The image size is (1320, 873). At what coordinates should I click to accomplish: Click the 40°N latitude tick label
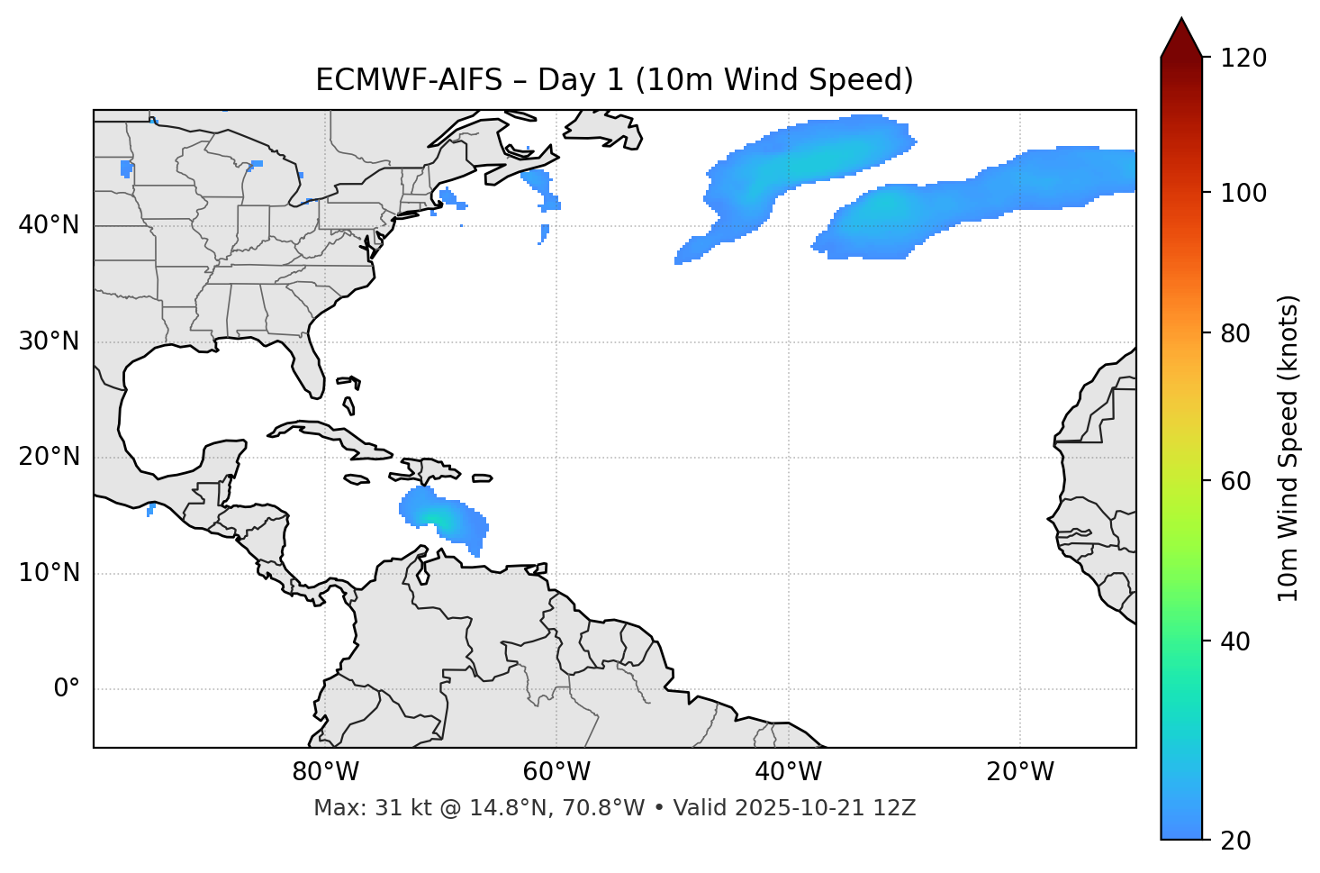49,225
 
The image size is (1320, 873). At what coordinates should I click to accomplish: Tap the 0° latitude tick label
66,689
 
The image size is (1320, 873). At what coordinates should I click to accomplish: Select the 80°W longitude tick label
325,772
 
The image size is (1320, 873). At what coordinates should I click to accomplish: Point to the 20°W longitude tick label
1020,772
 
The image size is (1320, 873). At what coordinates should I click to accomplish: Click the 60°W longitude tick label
556,772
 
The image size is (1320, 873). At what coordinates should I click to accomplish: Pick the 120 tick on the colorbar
1243,59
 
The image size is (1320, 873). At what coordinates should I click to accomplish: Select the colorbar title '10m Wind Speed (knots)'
1288,449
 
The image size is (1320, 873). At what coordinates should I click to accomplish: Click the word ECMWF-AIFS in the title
409,80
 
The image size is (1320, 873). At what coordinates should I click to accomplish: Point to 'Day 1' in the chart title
581,80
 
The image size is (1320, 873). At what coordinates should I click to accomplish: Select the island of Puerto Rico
482,478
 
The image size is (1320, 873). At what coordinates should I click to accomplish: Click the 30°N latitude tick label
49,342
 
